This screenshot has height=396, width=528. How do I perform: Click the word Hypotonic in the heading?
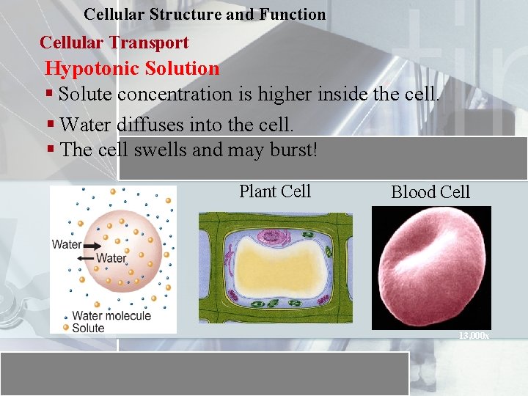91,69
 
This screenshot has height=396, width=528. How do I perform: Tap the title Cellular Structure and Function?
205,14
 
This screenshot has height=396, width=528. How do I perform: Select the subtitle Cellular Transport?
114,43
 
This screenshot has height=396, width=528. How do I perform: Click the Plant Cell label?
275,191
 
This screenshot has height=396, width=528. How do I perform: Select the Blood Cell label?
430,192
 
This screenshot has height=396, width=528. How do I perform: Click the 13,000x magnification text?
474,335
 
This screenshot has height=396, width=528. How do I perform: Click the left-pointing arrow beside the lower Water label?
85,259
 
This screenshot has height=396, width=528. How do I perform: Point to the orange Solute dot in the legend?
65,328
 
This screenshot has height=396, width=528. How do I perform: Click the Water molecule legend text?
111,316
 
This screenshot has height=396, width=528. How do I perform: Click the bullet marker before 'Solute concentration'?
49,94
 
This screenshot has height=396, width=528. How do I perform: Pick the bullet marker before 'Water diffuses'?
49,125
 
